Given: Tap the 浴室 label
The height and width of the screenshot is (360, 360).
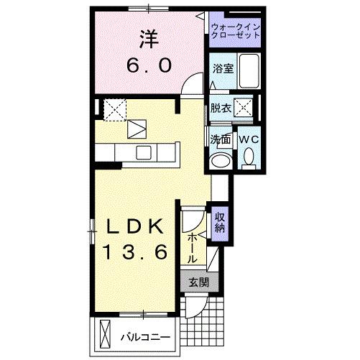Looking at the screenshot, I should [222, 69].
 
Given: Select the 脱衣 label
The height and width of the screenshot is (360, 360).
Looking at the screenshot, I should [221, 109].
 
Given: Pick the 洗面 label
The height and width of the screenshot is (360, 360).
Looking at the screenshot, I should [220, 139].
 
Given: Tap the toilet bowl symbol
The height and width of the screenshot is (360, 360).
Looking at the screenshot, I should [249, 156].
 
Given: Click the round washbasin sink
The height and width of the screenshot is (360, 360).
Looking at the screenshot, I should [221, 160].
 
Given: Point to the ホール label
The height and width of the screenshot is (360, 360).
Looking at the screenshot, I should [193, 246].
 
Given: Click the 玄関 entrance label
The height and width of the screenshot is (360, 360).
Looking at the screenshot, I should [199, 282].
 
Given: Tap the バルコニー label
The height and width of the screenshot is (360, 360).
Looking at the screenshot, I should [144, 336].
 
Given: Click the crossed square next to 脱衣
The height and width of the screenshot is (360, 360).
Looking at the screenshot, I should [244, 109].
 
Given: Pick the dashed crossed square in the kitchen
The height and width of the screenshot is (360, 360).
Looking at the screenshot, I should [114, 109].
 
